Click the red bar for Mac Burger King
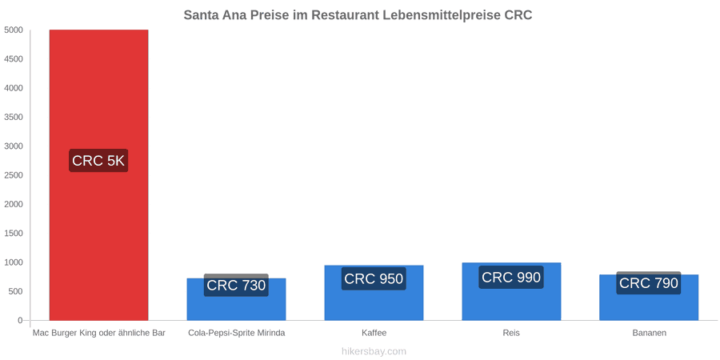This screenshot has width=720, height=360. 98,175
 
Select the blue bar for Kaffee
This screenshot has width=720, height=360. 374,293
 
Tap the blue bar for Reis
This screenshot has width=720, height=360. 511,291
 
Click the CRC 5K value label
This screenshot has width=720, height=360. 98,161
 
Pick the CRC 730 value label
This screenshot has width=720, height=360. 236,285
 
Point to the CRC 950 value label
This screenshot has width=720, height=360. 374,278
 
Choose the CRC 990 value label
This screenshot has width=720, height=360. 511,278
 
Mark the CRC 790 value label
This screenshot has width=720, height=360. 648,283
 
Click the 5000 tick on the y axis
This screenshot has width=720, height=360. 14,30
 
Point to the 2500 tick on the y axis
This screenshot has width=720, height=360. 14,175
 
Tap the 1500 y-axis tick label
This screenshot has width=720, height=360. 14,234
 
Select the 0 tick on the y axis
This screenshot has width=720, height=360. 20,321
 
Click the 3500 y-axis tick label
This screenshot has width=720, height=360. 14,117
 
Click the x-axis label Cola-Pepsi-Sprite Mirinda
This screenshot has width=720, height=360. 237,333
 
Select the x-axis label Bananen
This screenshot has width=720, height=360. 649,333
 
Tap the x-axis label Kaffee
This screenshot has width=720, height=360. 374,333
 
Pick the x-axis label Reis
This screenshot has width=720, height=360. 511,333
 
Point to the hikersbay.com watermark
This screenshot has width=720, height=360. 374,352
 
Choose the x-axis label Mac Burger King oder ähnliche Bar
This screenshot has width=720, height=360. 98,333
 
